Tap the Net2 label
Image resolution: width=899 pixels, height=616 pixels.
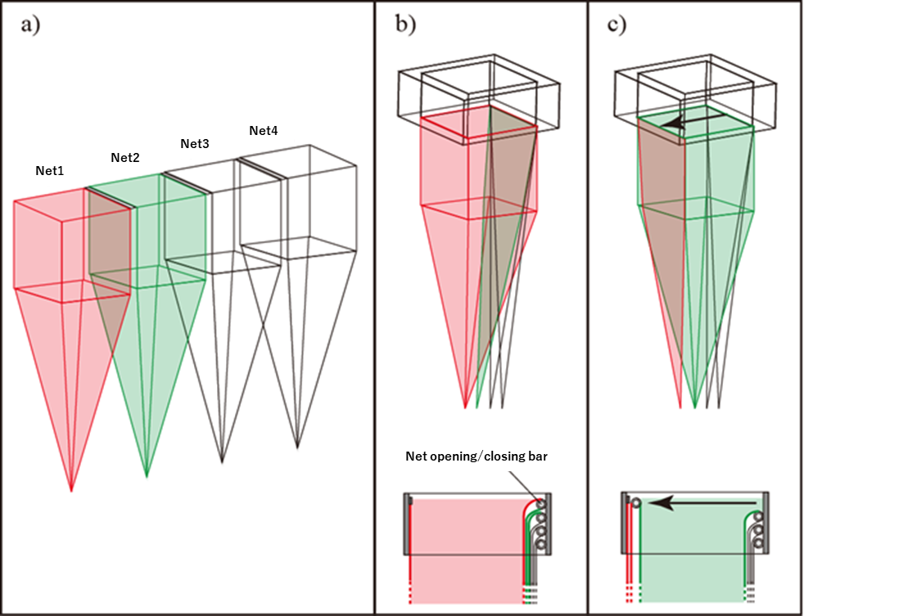126,157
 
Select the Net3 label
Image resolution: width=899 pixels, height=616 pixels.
195,144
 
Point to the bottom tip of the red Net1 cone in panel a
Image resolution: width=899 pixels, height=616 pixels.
71,491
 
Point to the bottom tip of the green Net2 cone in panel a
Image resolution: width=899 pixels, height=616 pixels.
147,476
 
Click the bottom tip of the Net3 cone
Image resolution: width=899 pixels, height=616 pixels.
222,462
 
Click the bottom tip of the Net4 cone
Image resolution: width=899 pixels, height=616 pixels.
297,447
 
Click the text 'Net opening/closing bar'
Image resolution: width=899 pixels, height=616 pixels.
476,456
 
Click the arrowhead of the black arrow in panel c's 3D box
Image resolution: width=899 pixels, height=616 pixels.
668,124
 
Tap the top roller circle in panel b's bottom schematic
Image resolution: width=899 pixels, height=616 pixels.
540,505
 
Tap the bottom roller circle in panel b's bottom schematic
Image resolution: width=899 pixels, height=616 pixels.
540,543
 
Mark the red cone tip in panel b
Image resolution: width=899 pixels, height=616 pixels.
466,407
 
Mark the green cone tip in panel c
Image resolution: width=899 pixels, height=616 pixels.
694,407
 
